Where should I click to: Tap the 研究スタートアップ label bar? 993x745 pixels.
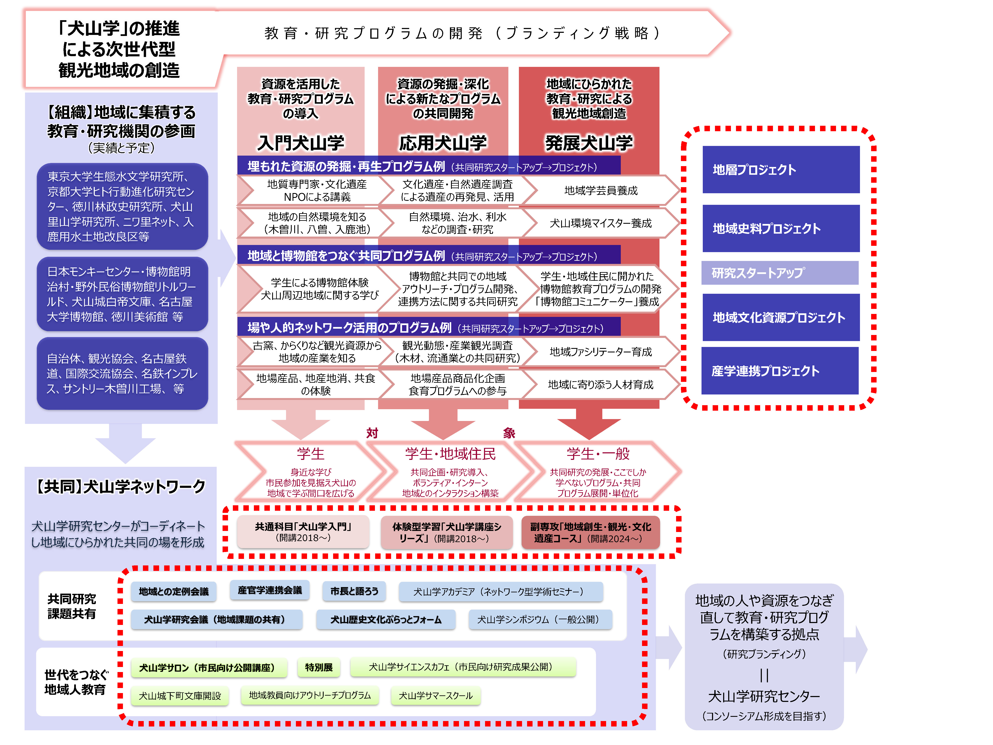coord(780,273)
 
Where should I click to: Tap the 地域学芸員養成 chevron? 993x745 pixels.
coord(601,191)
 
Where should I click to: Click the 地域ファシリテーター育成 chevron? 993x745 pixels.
coord(601,352)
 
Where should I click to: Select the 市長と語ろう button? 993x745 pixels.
coord(354,591)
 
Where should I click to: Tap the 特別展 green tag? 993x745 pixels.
coord(319,667)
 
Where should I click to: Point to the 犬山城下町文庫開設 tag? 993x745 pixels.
coord(179,696)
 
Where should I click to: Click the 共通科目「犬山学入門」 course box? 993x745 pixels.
coord(303,532)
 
